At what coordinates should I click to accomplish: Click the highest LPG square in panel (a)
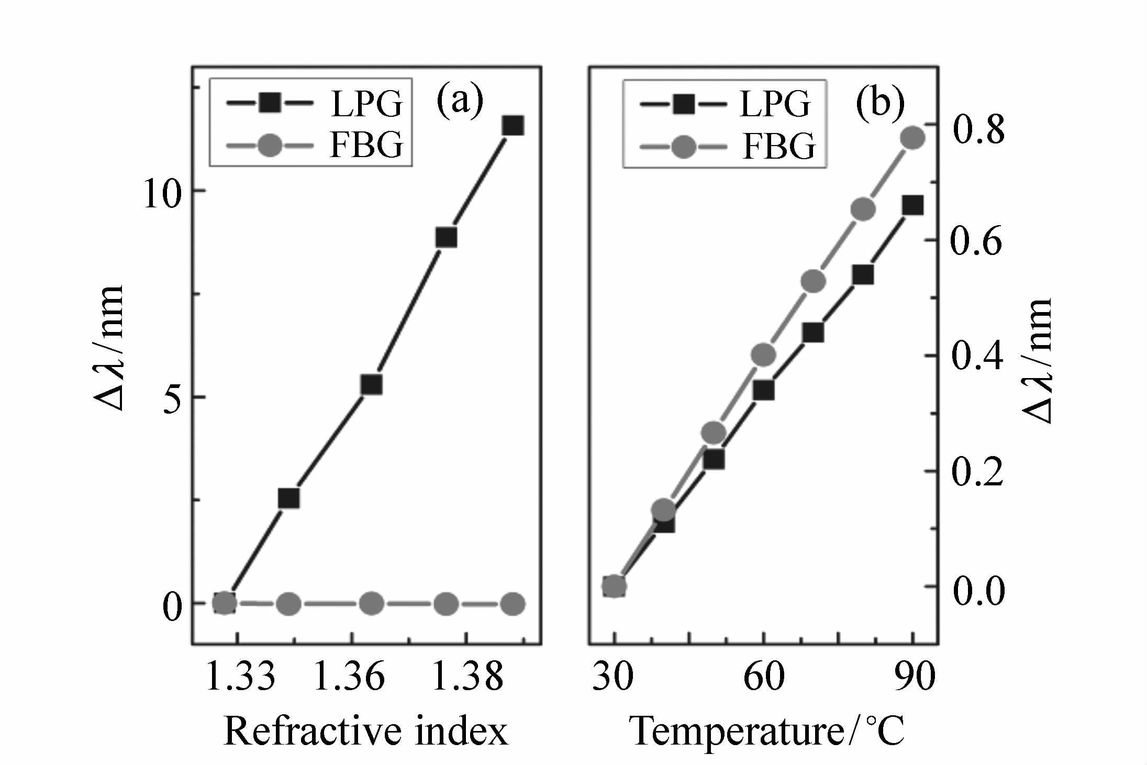click(513, 126)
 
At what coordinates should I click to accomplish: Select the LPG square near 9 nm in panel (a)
click(446, 238)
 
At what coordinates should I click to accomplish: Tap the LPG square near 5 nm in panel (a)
click(372, 385)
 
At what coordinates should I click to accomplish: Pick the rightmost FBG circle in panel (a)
click(513, 604)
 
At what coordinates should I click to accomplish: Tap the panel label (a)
click(460, 101)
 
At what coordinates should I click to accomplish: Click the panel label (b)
click(880, 102)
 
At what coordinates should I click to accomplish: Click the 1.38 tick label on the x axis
click(468, 677)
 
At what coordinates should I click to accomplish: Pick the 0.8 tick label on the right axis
click(978, 129)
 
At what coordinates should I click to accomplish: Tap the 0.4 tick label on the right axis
click(977, 356)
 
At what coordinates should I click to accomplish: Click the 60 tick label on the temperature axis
click(764, 677)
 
